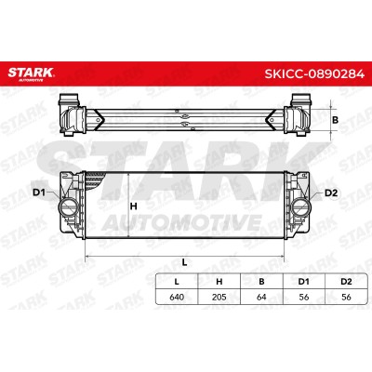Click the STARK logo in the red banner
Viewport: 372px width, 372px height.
[x=31, y=74]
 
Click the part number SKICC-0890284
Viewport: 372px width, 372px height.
[x=314, y=74]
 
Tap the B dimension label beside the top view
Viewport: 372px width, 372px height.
[x=335, y=120]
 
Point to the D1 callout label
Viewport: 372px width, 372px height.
[x=39, y=193]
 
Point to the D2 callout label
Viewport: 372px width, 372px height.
[x=330, y=193]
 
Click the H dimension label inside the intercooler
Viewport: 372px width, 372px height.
[x=134, y=206]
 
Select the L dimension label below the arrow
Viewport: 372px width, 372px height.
[x=184, y=262]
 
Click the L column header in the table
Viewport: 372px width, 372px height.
[x=177, y=282]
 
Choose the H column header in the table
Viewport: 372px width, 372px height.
[x=219, y=282]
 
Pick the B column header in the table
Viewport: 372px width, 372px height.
[x=261, y=282]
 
